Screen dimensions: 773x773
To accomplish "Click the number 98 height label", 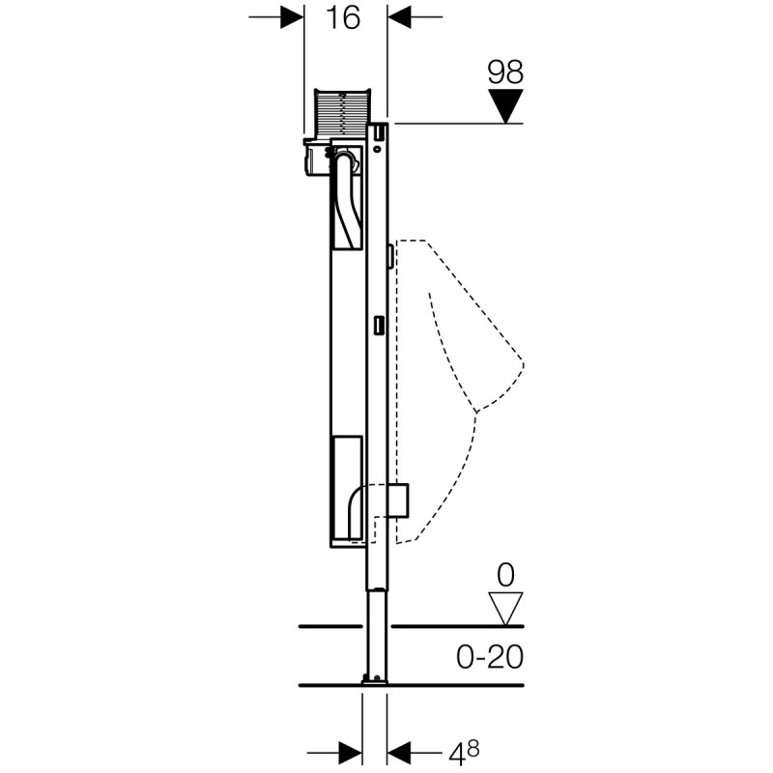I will point(504,71).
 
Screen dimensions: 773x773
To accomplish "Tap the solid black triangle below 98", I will point(504,104).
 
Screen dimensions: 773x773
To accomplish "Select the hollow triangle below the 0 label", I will point(504,608).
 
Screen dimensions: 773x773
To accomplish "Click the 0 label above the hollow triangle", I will point(504,576).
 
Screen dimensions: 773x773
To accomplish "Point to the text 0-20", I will point(488,658).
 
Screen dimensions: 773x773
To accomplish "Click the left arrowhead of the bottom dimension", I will point(350,749).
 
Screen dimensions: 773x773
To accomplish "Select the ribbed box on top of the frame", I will point(343,114).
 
